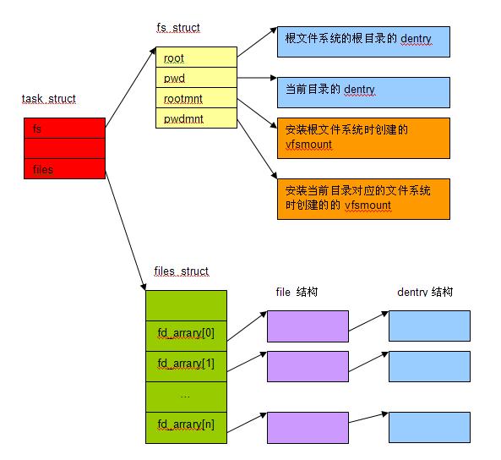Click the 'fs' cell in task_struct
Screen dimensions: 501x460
(x=64, y=129)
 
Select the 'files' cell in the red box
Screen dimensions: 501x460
(x=64, y=169)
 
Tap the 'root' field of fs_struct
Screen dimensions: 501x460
(x=196, y=57)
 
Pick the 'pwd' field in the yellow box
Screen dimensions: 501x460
(x=196, y=78)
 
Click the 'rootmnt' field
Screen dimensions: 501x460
(x=196, y=98)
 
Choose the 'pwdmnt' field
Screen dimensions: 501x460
(x=196, y=118)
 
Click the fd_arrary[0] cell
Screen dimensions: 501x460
(x=186, y=337)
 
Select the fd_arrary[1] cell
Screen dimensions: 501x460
(x=186, y=367)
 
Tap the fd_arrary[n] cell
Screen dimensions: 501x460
(x=186, y=428)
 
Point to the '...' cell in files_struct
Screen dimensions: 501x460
(x=186, y=397)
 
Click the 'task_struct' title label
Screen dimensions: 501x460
(x=48, y=99)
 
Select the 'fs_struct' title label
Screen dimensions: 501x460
(x=178, y=28)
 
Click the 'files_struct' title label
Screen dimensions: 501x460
(x=181, y=271)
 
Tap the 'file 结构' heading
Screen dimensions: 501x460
(x=297, y=292)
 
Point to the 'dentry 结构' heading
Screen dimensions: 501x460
(x=425, y=292)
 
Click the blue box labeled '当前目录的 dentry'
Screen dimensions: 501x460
(x=363, y=92)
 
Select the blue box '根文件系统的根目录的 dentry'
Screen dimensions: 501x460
(x=363, y=42)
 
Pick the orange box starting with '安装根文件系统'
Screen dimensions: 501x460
(x=363, y=138)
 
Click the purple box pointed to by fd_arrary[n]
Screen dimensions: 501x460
(x=308, y=428)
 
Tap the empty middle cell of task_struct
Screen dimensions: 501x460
(x=64, y=149)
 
